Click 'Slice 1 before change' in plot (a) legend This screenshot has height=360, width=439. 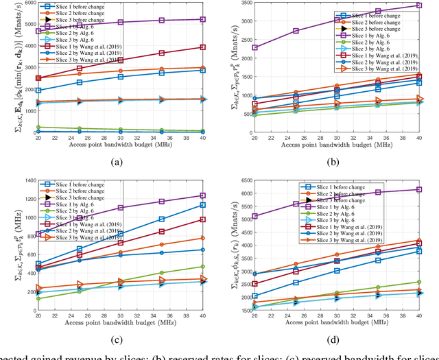(88, 6)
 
